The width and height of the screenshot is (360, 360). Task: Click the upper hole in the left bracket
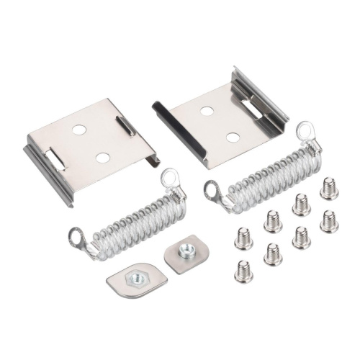click(x=79, y=130)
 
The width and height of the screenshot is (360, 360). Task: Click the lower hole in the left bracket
click(x=103, y=157)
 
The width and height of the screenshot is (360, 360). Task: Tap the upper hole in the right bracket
click(x=207, y=111)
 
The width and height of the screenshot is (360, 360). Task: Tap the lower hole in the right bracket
click(x=232, y=137)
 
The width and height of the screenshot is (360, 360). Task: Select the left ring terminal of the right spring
click(x=213, y=191)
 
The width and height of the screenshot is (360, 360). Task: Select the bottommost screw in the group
click(x=243, y=271)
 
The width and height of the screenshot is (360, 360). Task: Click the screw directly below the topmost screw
click(x=329, y=220)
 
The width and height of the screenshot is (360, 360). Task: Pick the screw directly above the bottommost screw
click(x=243, y=238)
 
